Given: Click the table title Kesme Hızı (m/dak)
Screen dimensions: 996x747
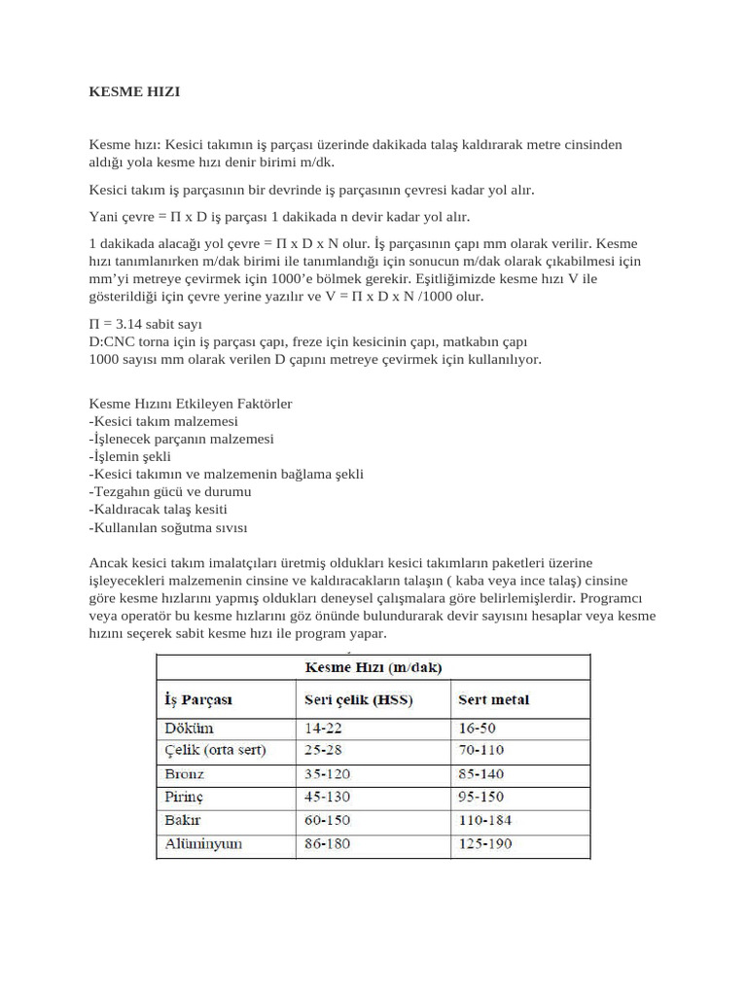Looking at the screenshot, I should point(373,667).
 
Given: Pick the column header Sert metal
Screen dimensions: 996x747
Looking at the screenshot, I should point(493,699).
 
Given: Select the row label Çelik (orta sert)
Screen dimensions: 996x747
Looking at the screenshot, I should point(214,751).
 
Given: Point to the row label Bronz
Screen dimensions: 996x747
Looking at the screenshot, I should point(185,774).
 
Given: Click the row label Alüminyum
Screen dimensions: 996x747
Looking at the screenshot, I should point(203,844).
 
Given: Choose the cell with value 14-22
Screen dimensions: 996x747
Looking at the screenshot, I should point(324,728).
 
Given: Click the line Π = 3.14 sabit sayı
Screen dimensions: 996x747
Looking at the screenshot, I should point(146,323).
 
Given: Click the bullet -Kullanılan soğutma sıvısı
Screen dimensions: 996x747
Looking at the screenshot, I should point(168,527).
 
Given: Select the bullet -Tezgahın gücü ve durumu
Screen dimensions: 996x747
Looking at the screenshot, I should point(162,492).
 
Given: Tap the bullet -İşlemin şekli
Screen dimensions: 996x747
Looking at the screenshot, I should point(129,456).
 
